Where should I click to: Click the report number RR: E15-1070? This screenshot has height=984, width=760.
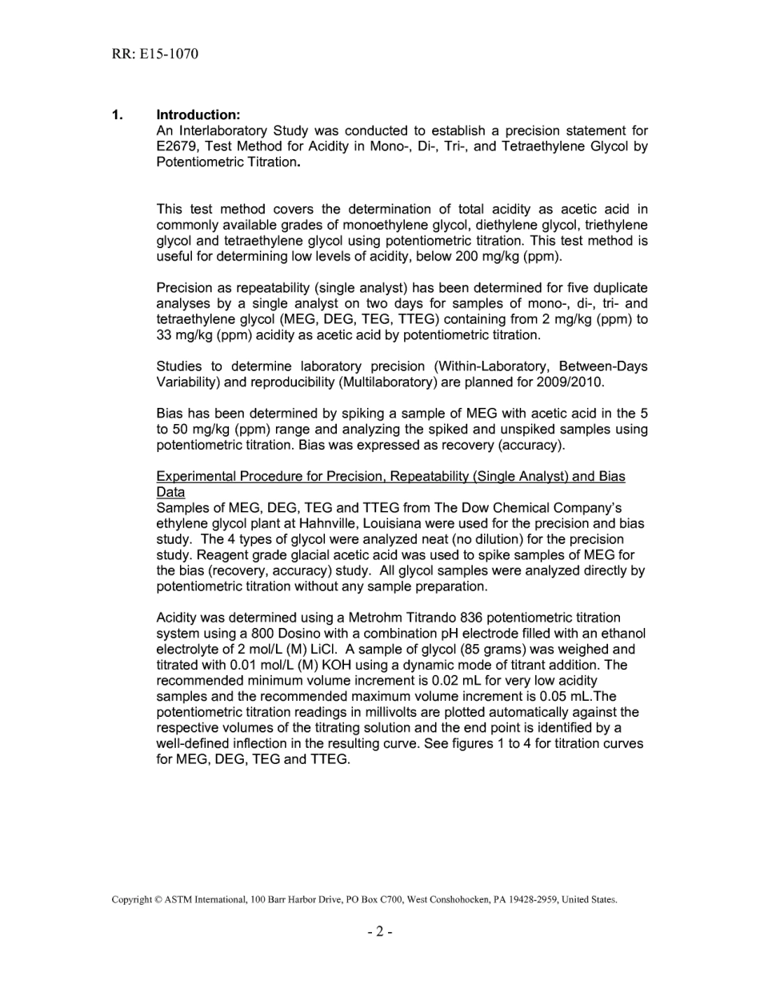point(155,54)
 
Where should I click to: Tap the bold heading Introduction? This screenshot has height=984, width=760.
point(198,115)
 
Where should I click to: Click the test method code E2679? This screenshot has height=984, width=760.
point(178,146)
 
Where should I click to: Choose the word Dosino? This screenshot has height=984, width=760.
point(246,633)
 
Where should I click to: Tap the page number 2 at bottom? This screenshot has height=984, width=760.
point(380,931)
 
